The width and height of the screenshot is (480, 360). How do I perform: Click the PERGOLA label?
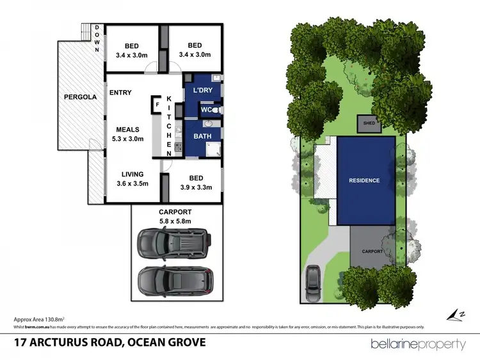point(80,97)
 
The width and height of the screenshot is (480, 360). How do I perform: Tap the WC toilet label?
point(205,110)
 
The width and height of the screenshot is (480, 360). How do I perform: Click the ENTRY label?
point(120,93)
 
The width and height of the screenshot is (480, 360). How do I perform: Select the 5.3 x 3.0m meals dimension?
point(128,139)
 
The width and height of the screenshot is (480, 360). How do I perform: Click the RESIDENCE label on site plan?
point(364,180)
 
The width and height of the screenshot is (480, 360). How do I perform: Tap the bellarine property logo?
point(419,344)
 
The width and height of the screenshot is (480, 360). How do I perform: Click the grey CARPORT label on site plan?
point(372,251)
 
